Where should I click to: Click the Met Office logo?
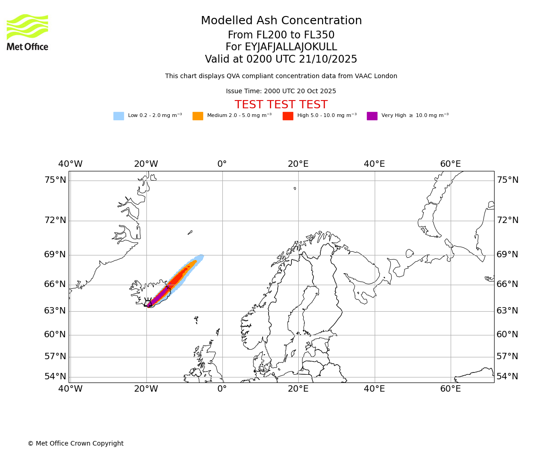[27, 32]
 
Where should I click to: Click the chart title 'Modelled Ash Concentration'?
[281, 21]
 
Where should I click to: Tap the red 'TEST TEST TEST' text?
[281, 105]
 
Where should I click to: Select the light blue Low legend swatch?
[118, 116]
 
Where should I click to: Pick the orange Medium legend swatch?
[198, 116]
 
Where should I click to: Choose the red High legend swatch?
[288, 116]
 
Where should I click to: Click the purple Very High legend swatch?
[372, 116]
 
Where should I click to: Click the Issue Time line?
[281, 91]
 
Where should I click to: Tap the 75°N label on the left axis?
[55, 180]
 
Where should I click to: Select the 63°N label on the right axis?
[507, 311]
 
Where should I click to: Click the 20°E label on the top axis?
[298, 164]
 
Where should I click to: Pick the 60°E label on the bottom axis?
[450, 389]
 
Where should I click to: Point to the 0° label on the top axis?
[222, 164]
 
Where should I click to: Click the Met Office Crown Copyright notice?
[75, 444]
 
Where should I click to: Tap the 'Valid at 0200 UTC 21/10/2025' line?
[281, 59]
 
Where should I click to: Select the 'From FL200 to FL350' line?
[281, 35]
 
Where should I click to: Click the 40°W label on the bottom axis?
[70, 389]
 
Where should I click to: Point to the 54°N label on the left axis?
[55, 377]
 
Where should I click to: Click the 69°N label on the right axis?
[507, 255]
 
